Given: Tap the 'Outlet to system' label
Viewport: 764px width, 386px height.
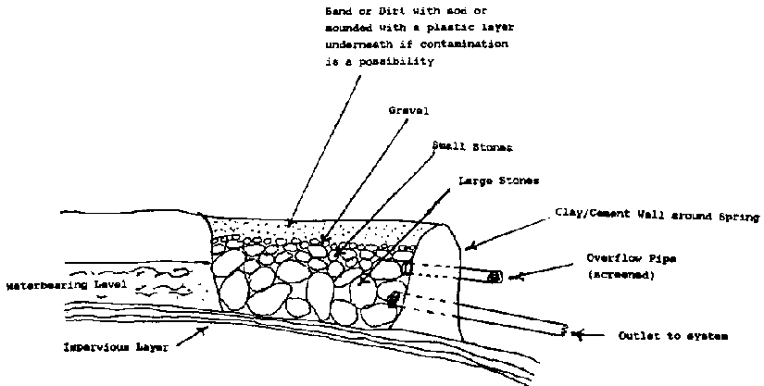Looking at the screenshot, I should click(x=672, y=336).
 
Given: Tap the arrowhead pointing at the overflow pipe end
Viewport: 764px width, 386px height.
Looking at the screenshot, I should click(x=522, y=275).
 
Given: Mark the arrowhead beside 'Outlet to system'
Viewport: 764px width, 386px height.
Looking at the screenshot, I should click(x=578, y=334).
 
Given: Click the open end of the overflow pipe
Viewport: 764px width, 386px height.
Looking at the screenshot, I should click(x=496, y=276).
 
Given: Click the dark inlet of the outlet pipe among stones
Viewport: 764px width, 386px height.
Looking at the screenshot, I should click(x=394, y=299).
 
